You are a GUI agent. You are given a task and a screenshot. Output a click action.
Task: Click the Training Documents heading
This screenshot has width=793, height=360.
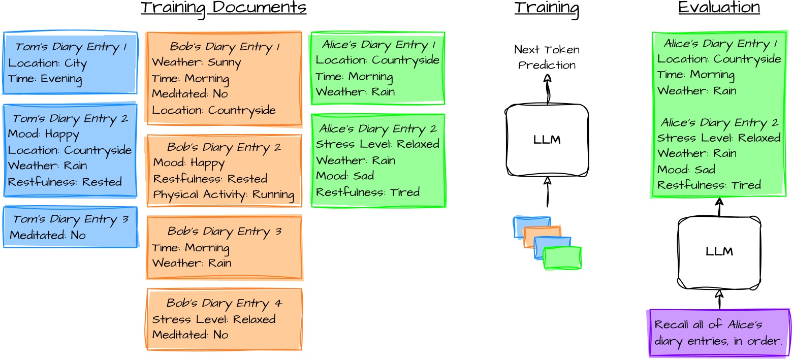[224, 8]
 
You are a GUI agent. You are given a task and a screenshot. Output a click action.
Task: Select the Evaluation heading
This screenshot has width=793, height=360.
[719, 8]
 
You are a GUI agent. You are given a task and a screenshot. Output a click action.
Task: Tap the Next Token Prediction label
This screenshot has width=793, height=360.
[547, 57]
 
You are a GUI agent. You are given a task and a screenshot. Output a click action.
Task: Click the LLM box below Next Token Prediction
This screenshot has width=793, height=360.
[547, 140]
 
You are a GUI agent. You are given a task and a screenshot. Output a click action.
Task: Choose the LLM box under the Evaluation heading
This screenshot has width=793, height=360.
[719, 252]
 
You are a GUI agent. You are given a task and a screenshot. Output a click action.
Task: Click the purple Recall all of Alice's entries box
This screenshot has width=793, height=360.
[719, 333]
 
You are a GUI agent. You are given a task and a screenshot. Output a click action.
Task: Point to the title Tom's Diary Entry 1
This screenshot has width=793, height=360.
[71, 47]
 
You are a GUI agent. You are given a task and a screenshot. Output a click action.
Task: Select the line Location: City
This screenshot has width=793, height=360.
[48, 63]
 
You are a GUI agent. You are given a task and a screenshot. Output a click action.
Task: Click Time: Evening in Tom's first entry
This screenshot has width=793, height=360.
[45, 79]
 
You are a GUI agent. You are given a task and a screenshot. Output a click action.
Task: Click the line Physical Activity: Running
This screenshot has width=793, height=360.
[224, 194]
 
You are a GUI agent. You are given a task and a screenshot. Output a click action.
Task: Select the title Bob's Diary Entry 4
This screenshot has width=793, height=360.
[224, 303]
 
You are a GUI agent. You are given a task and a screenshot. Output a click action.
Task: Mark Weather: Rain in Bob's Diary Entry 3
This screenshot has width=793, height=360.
[192, 263]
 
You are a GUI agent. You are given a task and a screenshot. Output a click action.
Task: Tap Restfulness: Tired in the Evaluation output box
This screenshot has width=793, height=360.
[709, 185]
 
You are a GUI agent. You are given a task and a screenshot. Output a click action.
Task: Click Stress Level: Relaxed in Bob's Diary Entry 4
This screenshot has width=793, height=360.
[213, 319]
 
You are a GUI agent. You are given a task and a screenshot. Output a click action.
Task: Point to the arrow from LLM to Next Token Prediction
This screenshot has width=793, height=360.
[547, 89]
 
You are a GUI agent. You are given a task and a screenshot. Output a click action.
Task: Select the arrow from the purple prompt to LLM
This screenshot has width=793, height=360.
[719, 299]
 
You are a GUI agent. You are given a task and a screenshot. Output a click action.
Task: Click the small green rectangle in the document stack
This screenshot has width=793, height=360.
[562, 258]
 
